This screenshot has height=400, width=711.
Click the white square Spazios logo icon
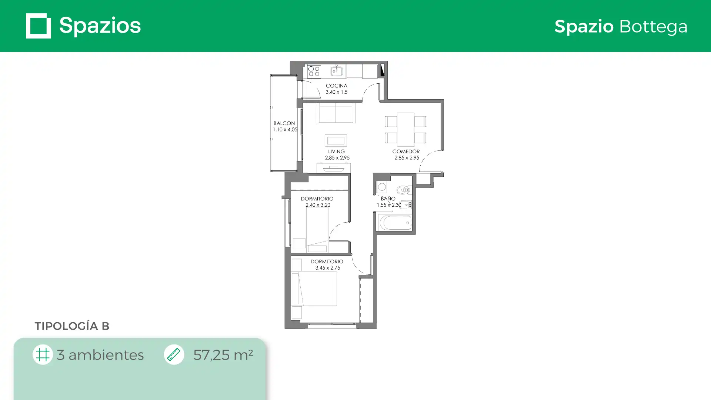39,26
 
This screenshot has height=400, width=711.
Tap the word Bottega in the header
653,27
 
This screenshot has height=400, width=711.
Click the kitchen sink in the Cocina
336,71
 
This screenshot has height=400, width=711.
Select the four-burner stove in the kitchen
314,71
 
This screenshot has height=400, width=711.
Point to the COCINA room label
336,86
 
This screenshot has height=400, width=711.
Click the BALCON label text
284,123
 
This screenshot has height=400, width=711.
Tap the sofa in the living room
336,112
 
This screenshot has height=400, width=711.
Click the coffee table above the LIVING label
336,140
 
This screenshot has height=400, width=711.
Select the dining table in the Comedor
405,129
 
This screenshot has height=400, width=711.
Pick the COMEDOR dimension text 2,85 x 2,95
407,158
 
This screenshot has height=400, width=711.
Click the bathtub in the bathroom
395,223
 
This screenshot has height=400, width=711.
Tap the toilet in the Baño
404,190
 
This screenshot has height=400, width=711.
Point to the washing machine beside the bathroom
382,187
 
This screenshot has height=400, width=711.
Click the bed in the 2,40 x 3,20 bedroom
317,229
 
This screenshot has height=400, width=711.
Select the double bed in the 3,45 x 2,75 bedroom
314,289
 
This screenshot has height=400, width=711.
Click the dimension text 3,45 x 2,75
328,268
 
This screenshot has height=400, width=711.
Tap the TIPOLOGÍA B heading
72,326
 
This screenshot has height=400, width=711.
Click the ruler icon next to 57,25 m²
174,354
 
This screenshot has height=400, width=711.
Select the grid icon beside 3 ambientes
43,354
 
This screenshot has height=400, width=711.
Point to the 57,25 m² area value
223,355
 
